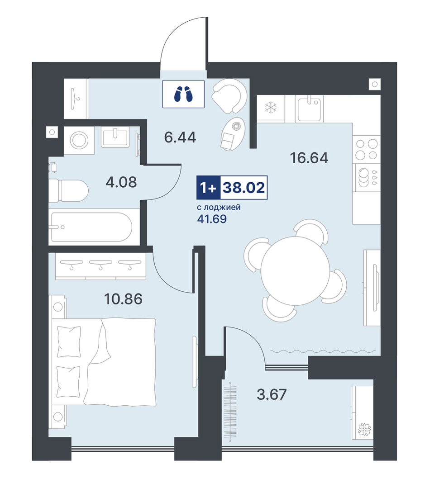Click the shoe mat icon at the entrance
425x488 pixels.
coord(183,94)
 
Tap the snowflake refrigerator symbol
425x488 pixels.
coord(271,108)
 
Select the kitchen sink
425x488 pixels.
coord(309,108)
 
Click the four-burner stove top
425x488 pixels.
coord(367,149)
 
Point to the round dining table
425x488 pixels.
coord(295,271)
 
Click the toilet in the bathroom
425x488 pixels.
coord(68,190)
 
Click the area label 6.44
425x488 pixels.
coord(180,137)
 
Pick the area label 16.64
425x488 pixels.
coord(309,158)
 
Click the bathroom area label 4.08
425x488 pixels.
coord(121,182)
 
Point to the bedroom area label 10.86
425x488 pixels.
coord(123,299)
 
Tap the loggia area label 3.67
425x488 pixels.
coord(272,395)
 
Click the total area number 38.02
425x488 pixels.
coord(244,188)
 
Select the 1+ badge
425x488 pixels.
coord(208,188)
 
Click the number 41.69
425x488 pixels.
coord(212,219)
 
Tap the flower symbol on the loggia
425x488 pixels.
coord(365,430)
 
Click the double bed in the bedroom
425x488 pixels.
coord(104,361)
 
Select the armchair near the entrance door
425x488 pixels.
coord(229,96)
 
